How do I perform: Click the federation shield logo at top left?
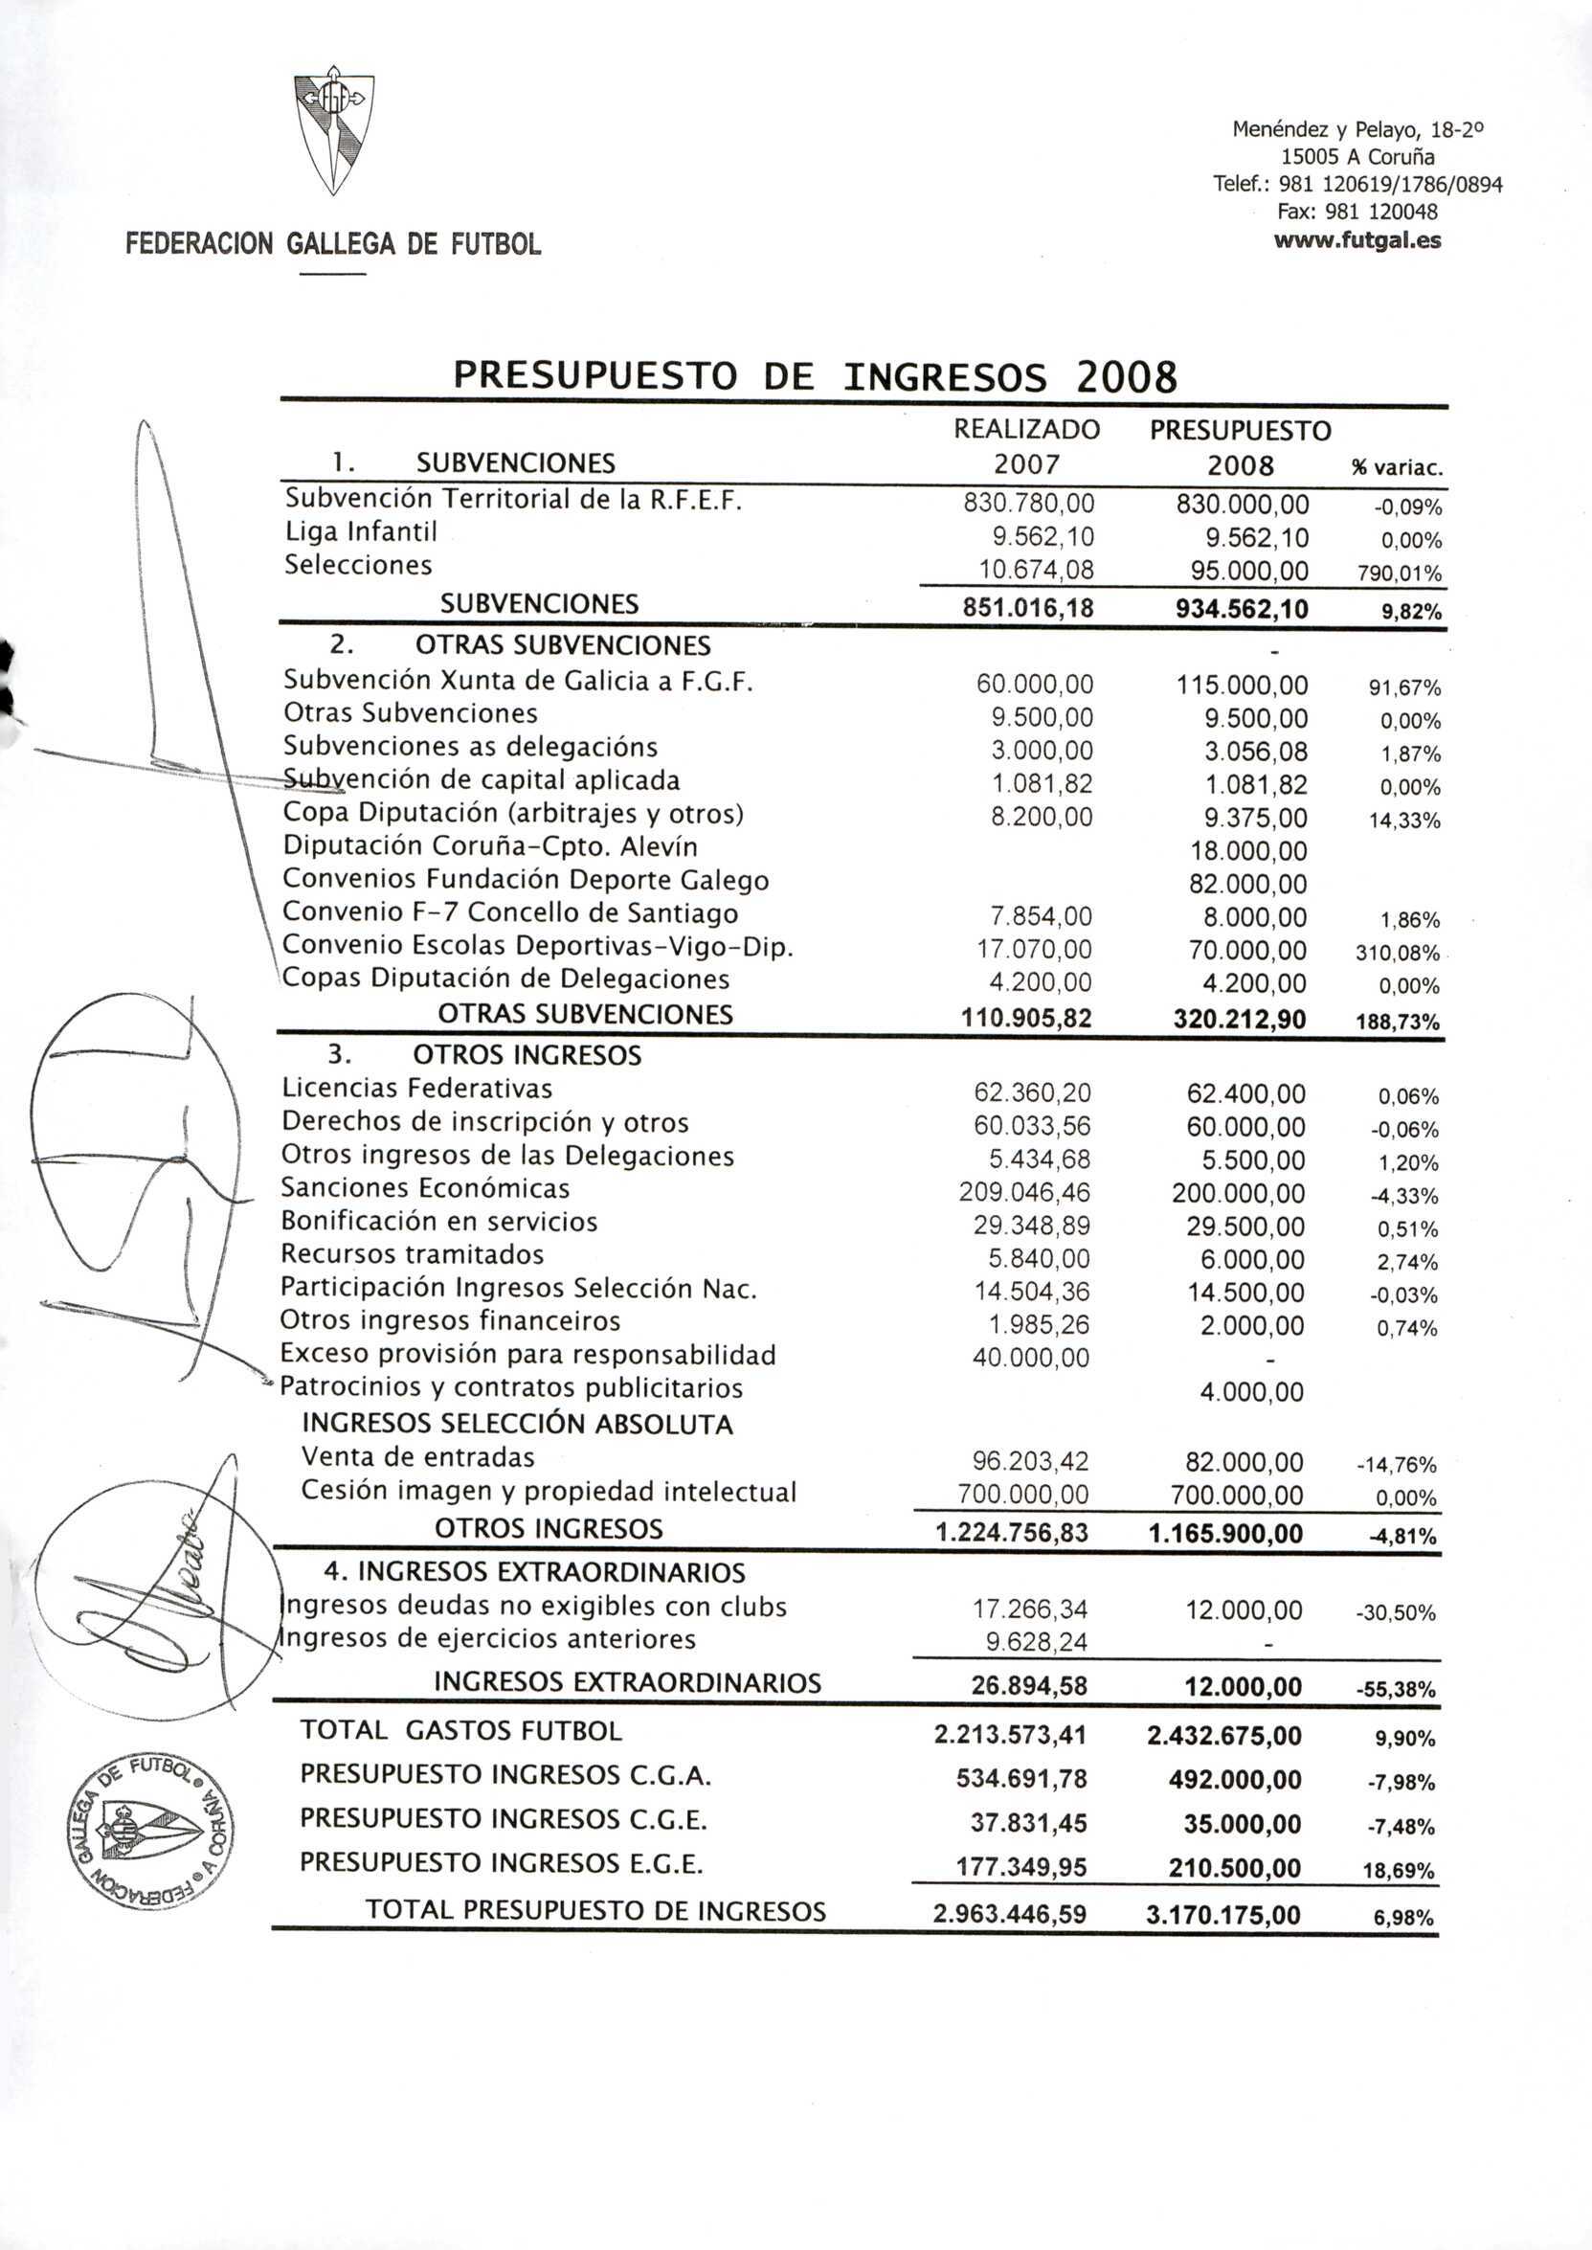(334, 133)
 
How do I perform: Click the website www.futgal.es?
(1357, 240)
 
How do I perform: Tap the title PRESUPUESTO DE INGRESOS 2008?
(814, 376)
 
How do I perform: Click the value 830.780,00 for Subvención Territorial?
(1028, 504)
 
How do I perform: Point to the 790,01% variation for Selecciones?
(1399, 574)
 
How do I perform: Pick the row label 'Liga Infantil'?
(361, 531)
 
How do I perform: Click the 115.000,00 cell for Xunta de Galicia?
(1242, 686)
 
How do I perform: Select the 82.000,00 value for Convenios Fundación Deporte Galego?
(1248, 885)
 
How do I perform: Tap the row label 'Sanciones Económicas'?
(424, 1188)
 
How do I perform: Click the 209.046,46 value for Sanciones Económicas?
(1024, 1192)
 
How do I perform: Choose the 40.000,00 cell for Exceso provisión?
(1030, 1358)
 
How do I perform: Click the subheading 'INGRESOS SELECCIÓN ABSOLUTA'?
(517, 1424)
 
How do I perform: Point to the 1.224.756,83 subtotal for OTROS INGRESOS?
(1012, 1532)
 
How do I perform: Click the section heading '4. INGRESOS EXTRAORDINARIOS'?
(534, 1572)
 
